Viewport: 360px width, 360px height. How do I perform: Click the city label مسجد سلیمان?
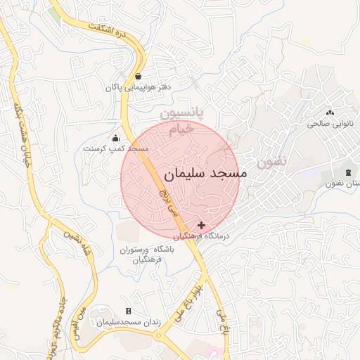205,174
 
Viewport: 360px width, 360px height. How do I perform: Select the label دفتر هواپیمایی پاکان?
139,88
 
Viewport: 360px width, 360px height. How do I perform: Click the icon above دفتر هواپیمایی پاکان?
139,76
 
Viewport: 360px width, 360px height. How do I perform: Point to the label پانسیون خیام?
180,121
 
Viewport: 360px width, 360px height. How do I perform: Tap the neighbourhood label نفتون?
272,161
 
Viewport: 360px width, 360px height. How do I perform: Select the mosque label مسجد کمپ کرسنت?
115,149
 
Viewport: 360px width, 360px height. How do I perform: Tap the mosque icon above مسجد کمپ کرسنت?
115,138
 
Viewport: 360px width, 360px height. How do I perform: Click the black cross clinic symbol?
202,225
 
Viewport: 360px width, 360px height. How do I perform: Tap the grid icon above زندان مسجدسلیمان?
128,311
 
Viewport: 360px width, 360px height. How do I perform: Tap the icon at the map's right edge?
349,173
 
